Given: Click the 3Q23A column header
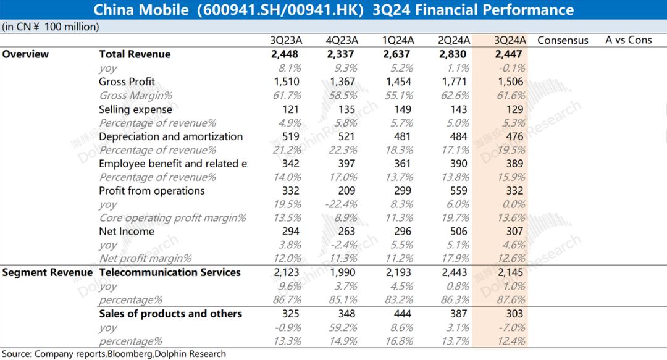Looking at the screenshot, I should tap(285, 40).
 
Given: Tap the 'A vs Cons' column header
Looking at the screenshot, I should tap(628, 40).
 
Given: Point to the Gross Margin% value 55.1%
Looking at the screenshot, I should tap(400, 95).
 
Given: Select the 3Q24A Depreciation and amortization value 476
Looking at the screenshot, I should tap(513, 136).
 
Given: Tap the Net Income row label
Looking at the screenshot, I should tap(124, 231).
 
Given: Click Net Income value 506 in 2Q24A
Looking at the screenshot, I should tap(461, 231).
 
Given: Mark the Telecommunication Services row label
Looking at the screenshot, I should tap(170, 272).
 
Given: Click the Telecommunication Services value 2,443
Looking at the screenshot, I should tap(456, 272).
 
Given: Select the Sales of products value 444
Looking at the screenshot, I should tap(405, 314).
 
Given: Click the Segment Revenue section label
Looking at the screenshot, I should tap(47, 272).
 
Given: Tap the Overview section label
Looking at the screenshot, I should tap(25, 54).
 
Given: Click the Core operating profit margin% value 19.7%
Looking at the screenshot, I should tap(455, 217).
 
